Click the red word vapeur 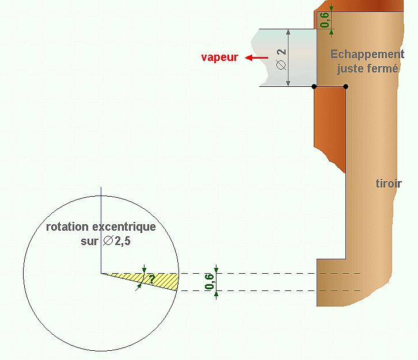(x=219, y=58)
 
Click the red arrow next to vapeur (x=256, y=58)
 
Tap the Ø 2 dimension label (x=281, y=58)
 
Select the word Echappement (x=367, y=55)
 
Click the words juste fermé (x=367, y=68)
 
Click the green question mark (x=151, y=279)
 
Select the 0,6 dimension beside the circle (x=209, y=282)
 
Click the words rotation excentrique (x=101, y=227)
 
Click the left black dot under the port (x=314, y=87)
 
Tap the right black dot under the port (x=345, y=87)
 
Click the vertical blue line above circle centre (x=101, y=230)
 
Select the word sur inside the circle (x=89, y=241)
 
